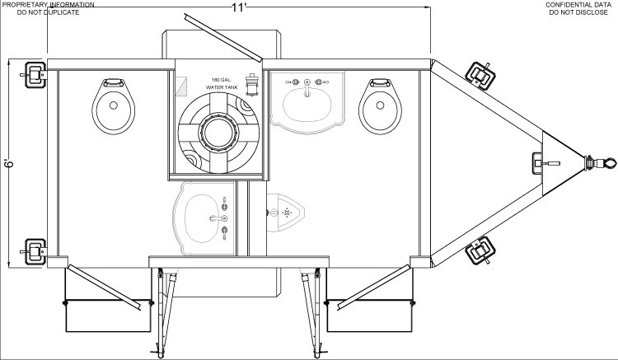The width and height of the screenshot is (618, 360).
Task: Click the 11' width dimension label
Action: [x=239, y=7]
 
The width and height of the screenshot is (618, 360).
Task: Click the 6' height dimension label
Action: [x=10, y=163]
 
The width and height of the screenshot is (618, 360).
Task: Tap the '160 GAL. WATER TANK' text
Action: [x=222, y=83]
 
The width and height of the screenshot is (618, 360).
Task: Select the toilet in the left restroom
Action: [x=114, y=106]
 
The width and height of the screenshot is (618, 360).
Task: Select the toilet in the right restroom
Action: [x=381, y=106]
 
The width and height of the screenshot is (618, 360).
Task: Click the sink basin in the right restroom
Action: [x=307, y=103]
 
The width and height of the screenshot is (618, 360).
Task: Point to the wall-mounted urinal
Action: [x=285, y=213]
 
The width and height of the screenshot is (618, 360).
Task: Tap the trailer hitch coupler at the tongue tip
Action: [x=601, y=162]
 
